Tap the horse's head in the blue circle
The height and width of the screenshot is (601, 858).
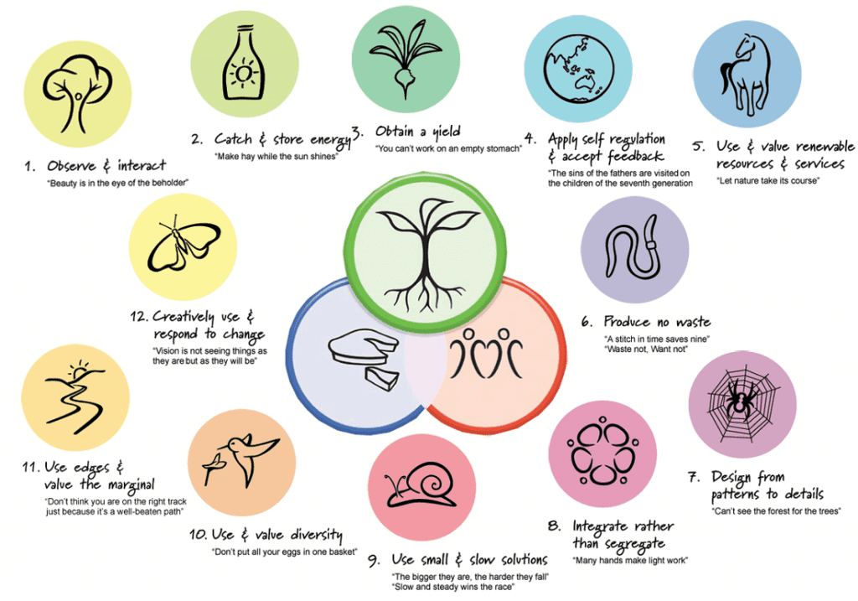point(748,47)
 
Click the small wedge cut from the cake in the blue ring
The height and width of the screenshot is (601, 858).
point(383,379)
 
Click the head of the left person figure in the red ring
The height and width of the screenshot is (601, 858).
point(468,334)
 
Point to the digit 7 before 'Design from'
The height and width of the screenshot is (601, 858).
point(695,478)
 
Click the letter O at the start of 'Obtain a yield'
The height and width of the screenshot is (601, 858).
point(382,132)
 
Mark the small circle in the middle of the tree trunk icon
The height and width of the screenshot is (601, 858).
point(79,97)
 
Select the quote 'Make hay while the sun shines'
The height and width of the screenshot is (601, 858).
point(277,157)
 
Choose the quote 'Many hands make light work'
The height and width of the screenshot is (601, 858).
point(630,561)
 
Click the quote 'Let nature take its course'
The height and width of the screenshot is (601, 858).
point(768,180)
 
